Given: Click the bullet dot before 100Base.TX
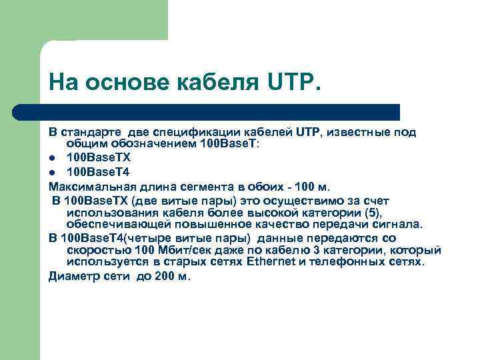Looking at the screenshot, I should [52, 158].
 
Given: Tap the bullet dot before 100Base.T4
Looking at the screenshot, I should [52, 171].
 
